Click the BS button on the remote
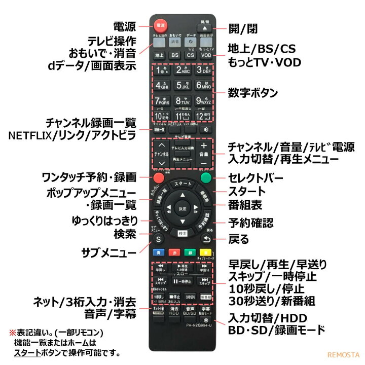[175, 54]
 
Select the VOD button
[205, 54]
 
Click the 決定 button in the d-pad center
[182, 208]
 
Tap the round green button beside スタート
[205, 178]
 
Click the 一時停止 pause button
[182, 281]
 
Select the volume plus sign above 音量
[204, 145]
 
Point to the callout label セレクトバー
[254, 178]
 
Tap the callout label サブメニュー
[108, 252]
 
